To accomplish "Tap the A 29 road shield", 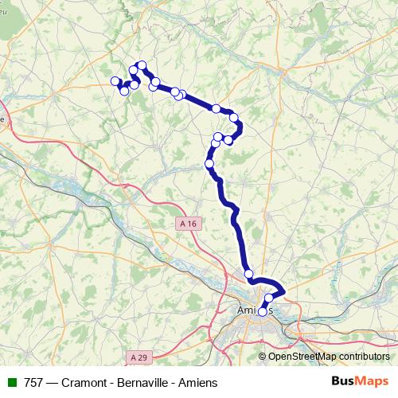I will tap(139, 357).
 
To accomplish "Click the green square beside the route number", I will tap(12, 383).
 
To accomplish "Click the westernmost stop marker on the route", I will tap(115, 80).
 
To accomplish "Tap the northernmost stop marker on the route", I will tap(142, 65).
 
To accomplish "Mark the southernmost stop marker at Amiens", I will tap(263, 312).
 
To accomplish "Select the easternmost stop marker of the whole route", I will tap(279, 298).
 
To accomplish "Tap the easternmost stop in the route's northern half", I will tap(234, 118).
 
